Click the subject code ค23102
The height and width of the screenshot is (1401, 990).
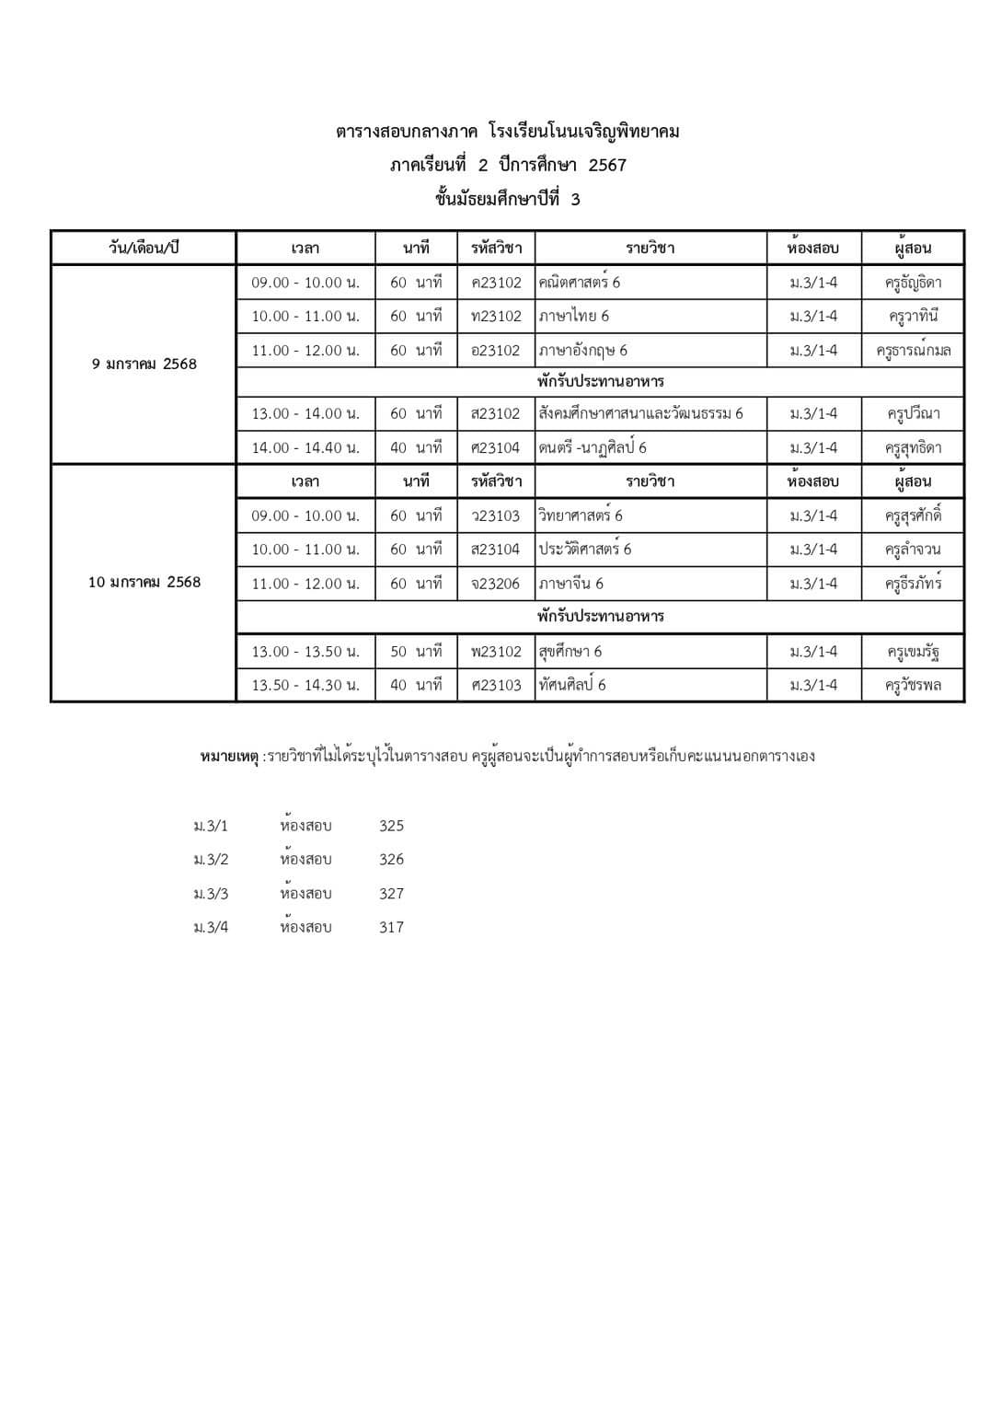(x=496, y=283)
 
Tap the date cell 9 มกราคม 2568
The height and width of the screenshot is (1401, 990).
(x=144, y=364)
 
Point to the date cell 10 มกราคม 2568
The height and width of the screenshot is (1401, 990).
(x=144, y=582)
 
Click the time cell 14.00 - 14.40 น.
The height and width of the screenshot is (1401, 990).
(x=305, y=448)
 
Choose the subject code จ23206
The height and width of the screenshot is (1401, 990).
(x=496, y=584)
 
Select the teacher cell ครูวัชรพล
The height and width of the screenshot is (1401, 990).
(x=913, y=685)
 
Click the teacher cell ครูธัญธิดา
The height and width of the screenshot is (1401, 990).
(x=913, y=283)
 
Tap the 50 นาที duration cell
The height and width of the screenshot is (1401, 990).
(x=416, y=652)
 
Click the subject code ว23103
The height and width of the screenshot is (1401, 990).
(x=496, y=515)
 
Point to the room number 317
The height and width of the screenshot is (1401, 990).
(x=391, y=927)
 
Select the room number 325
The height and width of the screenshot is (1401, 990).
(x=391, y=826)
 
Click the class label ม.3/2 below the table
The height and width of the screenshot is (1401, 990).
(x=211, y=860)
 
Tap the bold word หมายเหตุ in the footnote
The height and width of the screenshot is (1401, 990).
(x=229, y=757)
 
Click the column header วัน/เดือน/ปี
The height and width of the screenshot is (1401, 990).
(x=144, y=249)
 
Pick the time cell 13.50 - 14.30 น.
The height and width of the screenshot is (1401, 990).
(x=305, y=685)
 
